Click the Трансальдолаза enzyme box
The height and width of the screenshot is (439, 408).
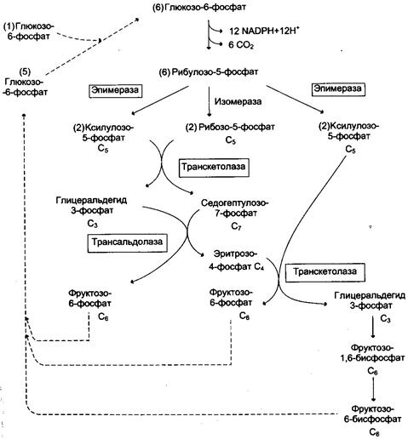point(127,243)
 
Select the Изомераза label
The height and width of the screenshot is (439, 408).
point(238,101)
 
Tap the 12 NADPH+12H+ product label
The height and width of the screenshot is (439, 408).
point(264,30)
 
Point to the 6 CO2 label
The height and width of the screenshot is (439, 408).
point(241,45)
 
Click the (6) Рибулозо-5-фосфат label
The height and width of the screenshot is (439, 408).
point(209,72)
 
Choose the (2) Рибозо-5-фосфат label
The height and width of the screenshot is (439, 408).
point(230,127)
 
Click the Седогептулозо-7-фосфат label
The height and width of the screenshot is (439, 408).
point(234,208)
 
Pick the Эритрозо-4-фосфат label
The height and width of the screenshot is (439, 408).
point(236,260)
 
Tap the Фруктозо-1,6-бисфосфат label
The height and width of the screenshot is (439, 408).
point(372,352)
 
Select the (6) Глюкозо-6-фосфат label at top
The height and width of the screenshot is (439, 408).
point(199,8)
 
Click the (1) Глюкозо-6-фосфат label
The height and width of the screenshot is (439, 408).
point(29,31)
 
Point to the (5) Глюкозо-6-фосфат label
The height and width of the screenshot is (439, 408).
point(25,82)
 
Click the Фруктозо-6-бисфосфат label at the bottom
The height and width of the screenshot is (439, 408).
point(372,414)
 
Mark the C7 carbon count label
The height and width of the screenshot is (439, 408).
point(236,226)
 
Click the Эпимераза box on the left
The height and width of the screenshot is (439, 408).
point(115,91)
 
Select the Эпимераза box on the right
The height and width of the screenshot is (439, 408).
point(338,89)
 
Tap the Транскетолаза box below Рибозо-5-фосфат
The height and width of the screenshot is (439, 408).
point(214,168)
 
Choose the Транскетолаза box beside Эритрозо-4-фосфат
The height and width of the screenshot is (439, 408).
point(325,272)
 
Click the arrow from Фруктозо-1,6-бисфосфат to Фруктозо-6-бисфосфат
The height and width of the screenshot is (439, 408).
point(373,389)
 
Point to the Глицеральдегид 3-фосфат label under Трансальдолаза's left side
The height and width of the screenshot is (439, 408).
point(91,205)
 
